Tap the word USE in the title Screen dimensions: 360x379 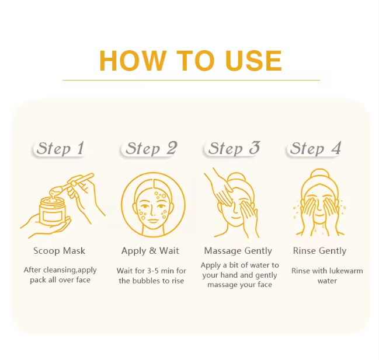249,61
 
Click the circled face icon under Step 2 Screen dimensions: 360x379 153,205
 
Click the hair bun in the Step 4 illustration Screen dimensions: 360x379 319,175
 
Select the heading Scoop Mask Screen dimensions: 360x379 60,251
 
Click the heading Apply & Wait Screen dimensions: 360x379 150,251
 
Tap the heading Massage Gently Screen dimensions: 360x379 238,251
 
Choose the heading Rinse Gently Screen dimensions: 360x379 319,251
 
